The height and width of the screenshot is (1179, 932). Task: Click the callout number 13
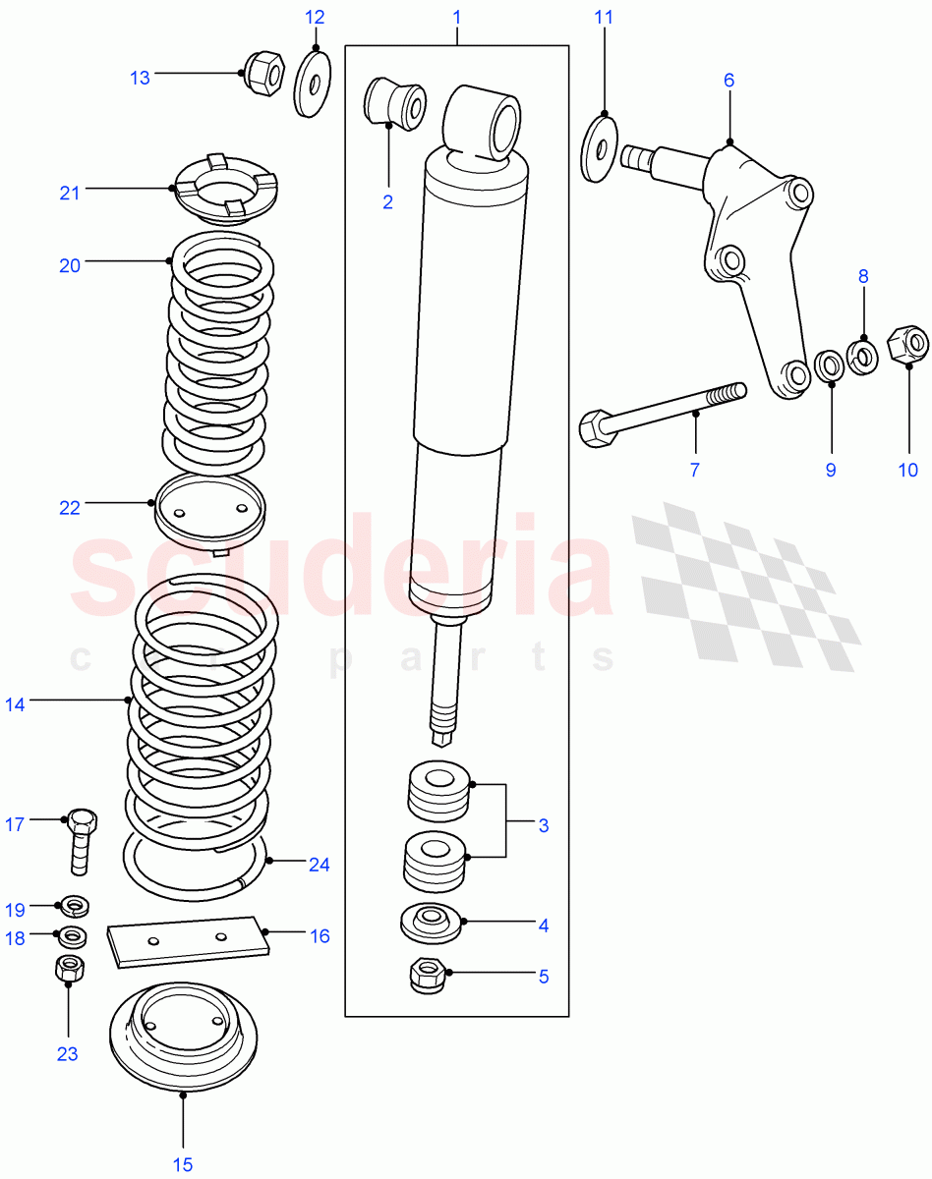(x=140, y=78)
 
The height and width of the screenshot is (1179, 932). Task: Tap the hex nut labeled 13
(x=262, y=71)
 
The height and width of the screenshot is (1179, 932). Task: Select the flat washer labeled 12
(x=314, y=83)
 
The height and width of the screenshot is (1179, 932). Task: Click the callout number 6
(x=728, y=81)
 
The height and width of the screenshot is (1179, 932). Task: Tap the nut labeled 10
(x=906, y=344)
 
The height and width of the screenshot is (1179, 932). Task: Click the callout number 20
(x=69, y=265)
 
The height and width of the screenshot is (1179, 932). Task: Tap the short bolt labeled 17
(x=80, y=840)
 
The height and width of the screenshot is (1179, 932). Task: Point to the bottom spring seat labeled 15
(x=183, y=1031)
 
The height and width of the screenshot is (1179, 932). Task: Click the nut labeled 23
(x=68, y=968)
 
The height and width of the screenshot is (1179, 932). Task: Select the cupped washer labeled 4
(x=431, y=923)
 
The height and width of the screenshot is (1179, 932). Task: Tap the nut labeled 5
(x=428, y=975)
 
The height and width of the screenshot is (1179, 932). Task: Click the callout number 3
(x=543, y=825)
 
